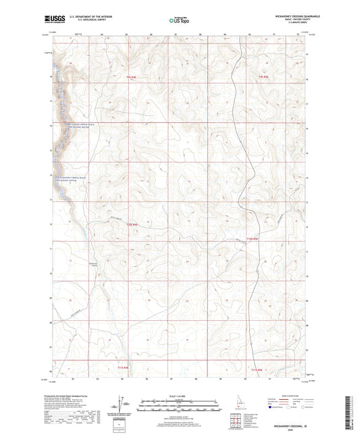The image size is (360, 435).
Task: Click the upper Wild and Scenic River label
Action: pos(80,126)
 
